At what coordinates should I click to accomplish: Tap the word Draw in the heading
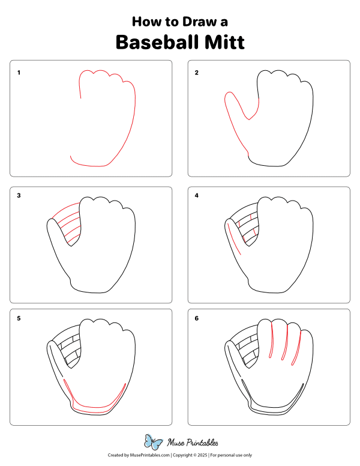(x=198, y=22)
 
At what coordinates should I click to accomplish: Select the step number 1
(x=19, y=73)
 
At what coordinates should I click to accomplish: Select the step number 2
(x=196, y=73)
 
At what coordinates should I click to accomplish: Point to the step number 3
(x=19, y=196)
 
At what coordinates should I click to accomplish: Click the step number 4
(x=196, y=196)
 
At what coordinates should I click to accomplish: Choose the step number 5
(x=19, y=318)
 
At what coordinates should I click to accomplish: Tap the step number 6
(x=196, y=318)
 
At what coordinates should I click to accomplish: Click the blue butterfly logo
(x=154, y=443)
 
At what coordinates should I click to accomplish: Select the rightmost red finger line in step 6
(x=297, y=348)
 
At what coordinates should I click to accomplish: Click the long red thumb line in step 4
(x=233, y=240)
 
